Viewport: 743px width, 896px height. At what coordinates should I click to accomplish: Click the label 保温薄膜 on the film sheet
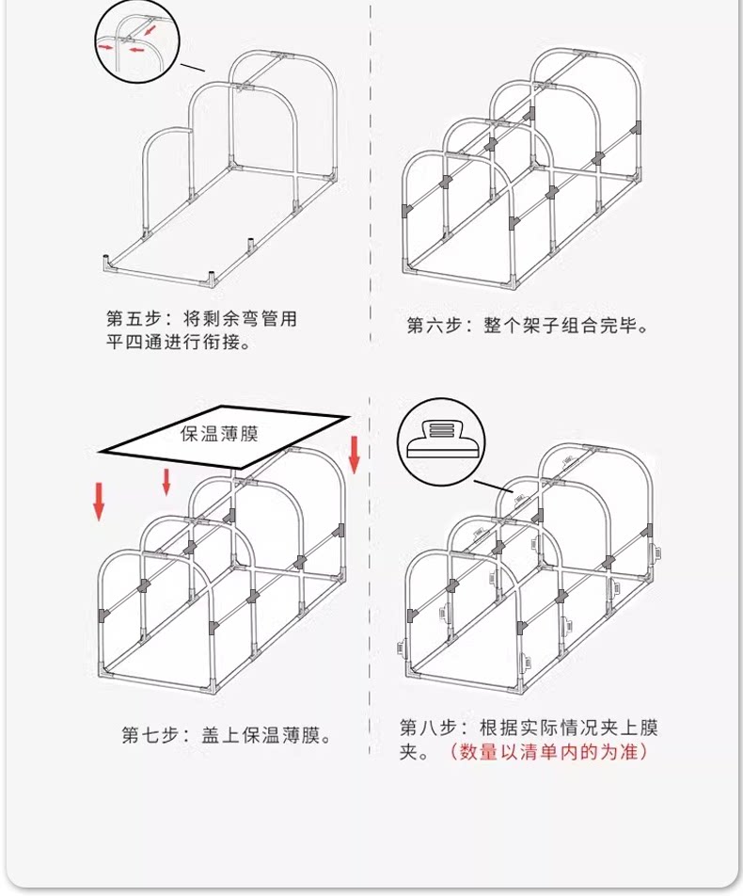220,433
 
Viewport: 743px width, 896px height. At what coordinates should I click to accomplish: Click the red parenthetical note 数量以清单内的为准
548,751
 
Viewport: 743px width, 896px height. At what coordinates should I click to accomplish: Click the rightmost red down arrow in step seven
354,455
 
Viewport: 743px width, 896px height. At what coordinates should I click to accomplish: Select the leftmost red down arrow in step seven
100,502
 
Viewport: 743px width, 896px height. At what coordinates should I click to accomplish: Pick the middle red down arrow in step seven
166,482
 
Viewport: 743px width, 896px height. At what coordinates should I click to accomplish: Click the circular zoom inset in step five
137,43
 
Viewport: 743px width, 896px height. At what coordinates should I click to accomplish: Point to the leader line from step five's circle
193,68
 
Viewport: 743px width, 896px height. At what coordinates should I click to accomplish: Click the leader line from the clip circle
494,488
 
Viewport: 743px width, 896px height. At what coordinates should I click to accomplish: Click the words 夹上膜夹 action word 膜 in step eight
648,728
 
